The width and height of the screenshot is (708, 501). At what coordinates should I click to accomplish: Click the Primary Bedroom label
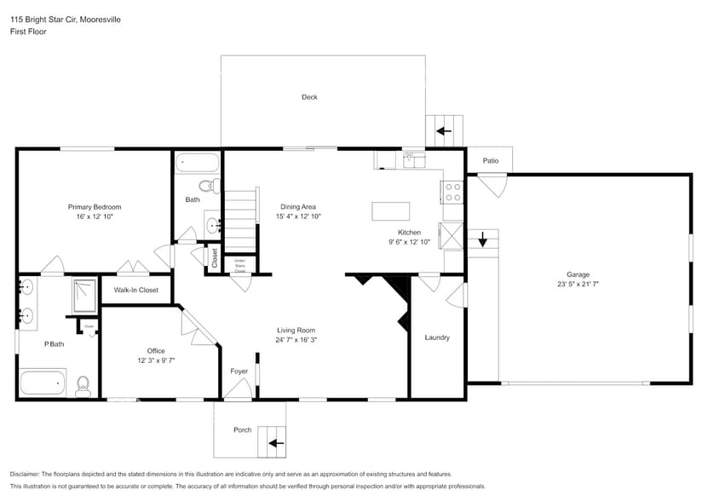pos(95,207)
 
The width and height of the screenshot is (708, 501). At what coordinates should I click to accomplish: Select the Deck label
pos(309,97)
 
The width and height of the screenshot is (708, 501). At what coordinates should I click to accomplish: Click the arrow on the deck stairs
pos(443,131)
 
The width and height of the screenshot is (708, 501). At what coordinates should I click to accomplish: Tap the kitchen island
pos(390,210)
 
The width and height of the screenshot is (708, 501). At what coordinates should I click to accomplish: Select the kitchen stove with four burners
pos(452,193)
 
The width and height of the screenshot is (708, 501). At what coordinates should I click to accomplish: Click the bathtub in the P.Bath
pos(43,383)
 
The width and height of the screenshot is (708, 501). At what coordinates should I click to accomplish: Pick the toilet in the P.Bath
pos(83,386)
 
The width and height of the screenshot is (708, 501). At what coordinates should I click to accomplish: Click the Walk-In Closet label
pos(136,291)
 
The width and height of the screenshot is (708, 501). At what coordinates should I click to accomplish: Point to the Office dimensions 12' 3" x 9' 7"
pos(155,360)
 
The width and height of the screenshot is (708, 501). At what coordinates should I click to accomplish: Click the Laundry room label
pos(437,337)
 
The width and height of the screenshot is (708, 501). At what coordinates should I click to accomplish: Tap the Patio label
pos(490,160)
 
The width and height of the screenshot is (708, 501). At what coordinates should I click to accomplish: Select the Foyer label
pos(239,371)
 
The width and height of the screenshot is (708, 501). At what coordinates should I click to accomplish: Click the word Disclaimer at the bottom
pos(26,475)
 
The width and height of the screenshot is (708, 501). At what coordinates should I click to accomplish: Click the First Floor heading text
pos(29,32)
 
